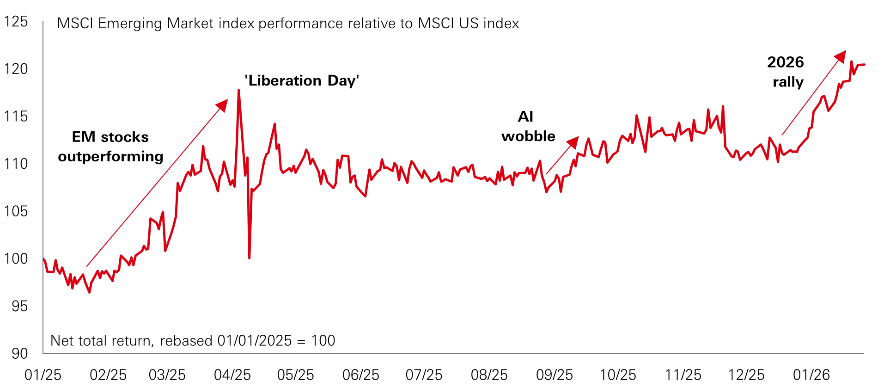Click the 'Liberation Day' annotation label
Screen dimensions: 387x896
302,81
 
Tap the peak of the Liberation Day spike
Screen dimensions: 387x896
238,90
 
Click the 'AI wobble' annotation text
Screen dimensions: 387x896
528,126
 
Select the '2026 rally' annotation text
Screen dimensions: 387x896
786,72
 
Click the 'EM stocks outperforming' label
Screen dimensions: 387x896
110,147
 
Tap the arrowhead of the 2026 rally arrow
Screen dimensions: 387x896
841,56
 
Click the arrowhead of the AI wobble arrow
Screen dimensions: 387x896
573,142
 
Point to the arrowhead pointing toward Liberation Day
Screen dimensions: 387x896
223,105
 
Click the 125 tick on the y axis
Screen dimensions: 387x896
16,22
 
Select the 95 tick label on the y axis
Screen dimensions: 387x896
19,306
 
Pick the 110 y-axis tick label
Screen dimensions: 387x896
16,164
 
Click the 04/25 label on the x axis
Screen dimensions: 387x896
232,375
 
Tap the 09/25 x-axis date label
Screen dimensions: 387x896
554,375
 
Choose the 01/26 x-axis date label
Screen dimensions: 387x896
811,375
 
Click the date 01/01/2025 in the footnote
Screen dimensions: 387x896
255,341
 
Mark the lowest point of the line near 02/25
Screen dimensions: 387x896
90,292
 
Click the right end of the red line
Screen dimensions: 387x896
864,65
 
